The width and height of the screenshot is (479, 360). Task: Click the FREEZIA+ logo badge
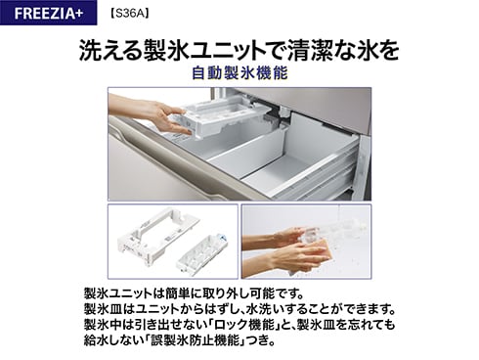tap(48, 13)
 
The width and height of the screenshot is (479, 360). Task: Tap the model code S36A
tap(130, 14)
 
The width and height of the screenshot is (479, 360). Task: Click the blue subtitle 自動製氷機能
tap(239, 73)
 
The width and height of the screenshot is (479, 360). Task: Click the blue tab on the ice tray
tap(222, 239)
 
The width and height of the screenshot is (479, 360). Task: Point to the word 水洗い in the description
tap(271, 309)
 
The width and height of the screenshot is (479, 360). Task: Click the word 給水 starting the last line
tap(95, 340)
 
